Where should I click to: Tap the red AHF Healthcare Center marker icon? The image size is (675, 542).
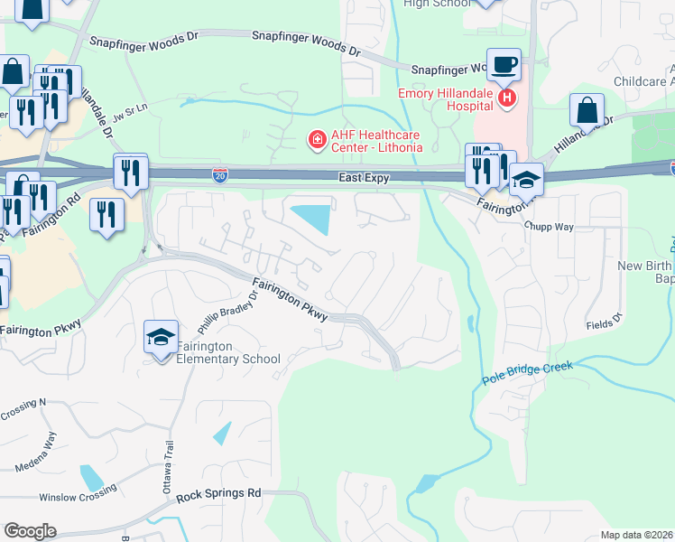coord(317,140)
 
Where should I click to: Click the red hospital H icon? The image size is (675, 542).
coord(508,97)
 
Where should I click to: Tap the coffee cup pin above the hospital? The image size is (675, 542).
coord(504,66)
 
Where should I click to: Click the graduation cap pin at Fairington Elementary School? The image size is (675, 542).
coord(161,338)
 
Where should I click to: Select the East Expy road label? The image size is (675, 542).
coord(364,178)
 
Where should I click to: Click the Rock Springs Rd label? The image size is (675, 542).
coord(218,494)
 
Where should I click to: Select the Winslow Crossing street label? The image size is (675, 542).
coord(78,494)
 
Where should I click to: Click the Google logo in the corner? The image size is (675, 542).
coord(30,530)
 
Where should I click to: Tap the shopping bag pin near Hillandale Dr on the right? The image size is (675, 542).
coord(587,110)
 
